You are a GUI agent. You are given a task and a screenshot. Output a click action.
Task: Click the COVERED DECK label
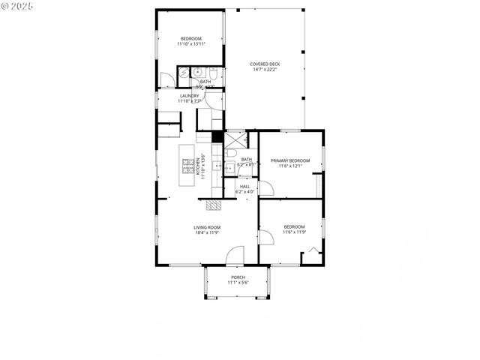[x=265, y=64]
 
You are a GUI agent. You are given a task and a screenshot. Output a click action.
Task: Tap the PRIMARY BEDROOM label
[x=290, y=160]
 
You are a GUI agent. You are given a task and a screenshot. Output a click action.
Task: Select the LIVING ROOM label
[x=206, y=227]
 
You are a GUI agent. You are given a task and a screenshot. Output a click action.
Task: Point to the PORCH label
[x=238, y=277]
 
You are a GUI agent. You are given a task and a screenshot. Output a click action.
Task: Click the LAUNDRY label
[x=189, y=95]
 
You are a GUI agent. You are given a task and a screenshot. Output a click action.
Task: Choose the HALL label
[x=244, y=187]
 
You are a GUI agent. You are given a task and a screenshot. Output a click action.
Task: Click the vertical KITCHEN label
[x=199, y=166]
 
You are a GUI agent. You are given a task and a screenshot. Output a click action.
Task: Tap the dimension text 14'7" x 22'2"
[x=265, y=70]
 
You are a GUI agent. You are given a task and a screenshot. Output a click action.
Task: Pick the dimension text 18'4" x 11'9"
[x=206, y=232]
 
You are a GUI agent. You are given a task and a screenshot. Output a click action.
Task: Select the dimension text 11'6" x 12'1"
[x=290, y=166]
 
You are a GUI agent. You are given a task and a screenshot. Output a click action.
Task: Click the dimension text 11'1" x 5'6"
[x=238, y=283]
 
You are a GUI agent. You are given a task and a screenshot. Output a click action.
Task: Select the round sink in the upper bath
[x=196, y=72]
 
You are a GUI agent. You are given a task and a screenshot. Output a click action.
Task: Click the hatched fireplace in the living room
[x=214, y=204]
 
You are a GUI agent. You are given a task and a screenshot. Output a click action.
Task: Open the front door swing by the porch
[x=236, y=255]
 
